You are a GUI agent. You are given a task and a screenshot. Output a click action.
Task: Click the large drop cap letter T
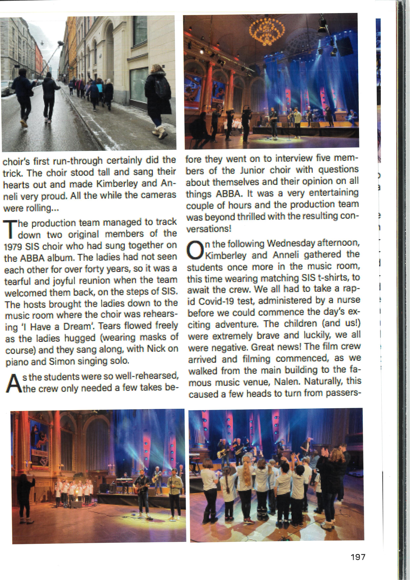(10, 229)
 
